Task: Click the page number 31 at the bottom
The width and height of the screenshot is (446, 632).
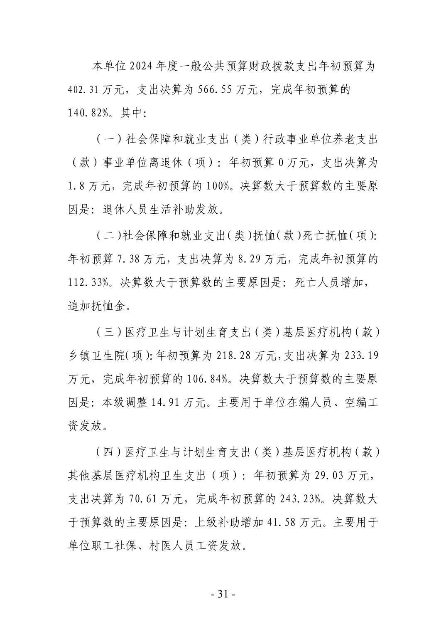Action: [x=223, y=594]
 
